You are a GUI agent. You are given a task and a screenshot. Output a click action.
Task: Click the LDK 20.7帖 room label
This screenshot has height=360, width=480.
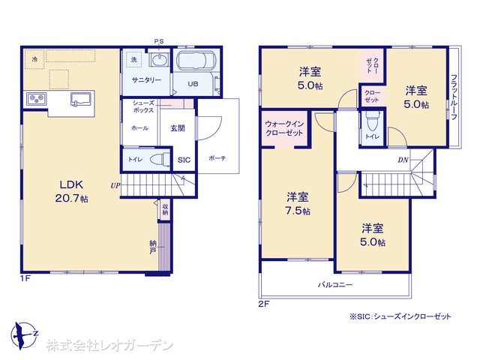72,191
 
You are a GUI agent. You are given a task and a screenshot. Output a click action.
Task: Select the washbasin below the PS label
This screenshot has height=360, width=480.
159,59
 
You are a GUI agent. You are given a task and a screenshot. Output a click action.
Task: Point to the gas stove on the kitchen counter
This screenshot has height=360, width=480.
36,98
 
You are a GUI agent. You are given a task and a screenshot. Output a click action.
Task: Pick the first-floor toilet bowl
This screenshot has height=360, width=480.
160,160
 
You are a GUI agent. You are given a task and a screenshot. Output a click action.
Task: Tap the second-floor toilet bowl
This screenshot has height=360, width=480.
373,121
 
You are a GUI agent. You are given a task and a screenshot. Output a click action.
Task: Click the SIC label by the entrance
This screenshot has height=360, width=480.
184,160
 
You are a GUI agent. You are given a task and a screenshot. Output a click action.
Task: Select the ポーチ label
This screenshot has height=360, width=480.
217,158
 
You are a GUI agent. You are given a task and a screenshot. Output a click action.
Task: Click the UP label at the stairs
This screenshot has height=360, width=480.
115,185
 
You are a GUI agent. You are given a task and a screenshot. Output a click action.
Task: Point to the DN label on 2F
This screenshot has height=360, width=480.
403,160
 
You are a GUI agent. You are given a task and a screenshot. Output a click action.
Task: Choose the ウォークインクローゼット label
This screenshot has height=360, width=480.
284,128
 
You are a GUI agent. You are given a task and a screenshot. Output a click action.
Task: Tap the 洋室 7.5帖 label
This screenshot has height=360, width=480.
298,203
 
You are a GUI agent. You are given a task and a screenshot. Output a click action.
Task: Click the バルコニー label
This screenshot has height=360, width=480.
335,285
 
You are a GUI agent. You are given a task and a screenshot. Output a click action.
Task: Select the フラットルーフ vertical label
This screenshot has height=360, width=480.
454,97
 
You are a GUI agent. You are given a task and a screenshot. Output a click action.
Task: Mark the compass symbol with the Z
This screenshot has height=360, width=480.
24,335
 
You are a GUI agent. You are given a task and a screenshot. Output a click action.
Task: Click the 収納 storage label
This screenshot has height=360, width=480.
165,209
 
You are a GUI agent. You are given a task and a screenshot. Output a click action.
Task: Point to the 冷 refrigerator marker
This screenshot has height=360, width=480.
35,59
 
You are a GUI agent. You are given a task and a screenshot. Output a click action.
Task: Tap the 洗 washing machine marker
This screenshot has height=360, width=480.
133,60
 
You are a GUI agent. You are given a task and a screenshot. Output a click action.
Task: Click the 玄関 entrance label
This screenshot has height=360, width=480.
178,128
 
